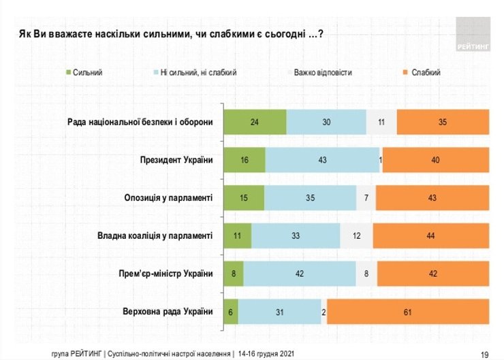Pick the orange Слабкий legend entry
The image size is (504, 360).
coord(422,71)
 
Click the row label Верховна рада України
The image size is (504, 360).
coord(169,312)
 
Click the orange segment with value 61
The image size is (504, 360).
coord(407,312)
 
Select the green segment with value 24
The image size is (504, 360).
coord(255,122)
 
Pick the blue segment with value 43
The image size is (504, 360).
coord(322,160)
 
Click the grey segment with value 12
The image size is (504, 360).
coord(356,236)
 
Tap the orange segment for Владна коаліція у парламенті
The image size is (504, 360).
coord(430,236)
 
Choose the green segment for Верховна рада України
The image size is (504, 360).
coord(232,312)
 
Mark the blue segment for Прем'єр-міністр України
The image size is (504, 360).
coord(300,274)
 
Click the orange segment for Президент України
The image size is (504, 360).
coord(435,160)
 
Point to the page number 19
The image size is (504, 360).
coord(485,354)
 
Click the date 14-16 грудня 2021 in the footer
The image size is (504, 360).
coord(271,354)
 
